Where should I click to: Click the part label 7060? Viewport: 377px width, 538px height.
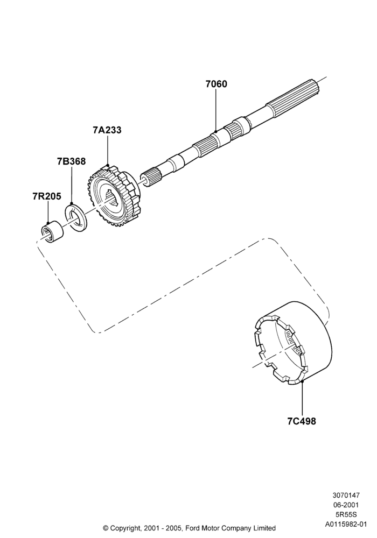point(217,84)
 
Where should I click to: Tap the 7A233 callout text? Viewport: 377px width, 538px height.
point(107,130)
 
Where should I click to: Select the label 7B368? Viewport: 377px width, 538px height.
point(72,161)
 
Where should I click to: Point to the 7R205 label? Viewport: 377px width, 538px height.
point(47,196)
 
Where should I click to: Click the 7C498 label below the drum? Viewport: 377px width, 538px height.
point(302,421)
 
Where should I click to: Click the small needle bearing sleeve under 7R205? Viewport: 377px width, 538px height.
point(52,231)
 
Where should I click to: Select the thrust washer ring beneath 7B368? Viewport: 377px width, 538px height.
point(76,217)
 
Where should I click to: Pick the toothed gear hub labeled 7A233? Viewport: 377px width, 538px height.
point(115,196)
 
